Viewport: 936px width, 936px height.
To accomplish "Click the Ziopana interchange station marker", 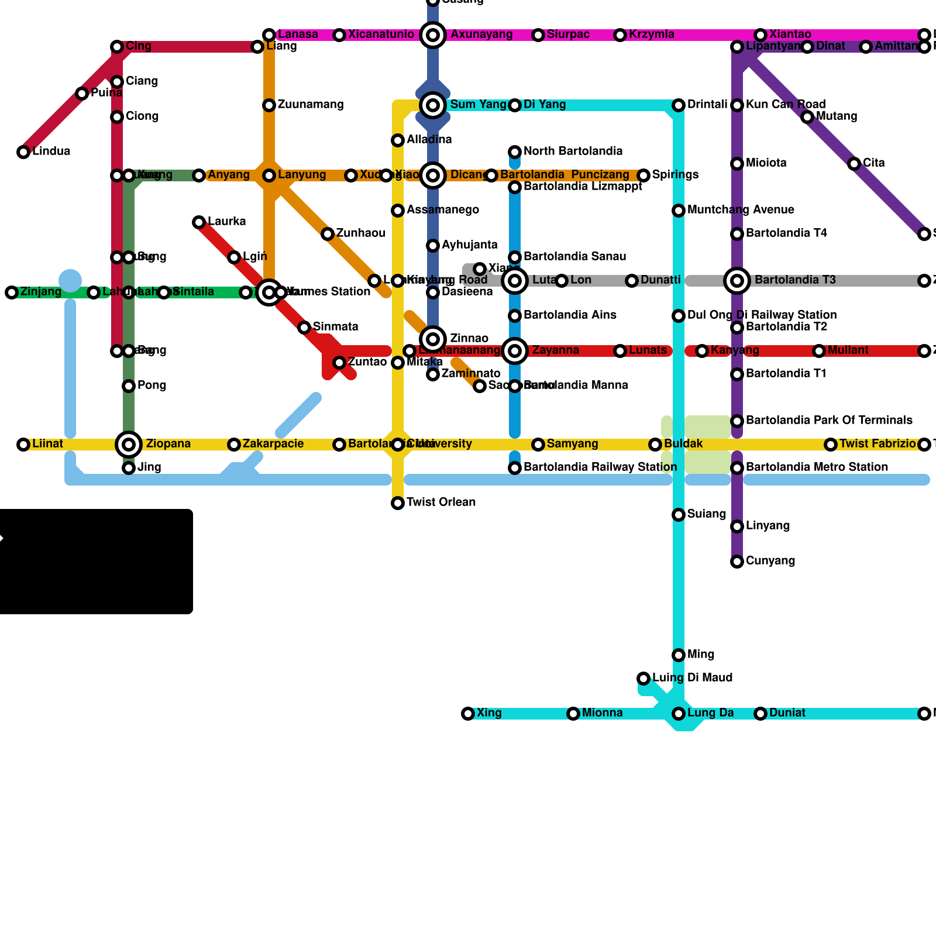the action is (x=129, y=445).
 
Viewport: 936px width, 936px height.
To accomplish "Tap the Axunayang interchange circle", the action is (x=433, y=35).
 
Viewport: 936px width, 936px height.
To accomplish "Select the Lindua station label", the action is (x=51, y=152).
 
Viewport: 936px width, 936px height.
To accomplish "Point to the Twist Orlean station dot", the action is (x=398, y=503).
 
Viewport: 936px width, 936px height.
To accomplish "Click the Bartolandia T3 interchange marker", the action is (x=737, y=281).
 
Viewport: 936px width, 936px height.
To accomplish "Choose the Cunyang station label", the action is (x=770, y=561).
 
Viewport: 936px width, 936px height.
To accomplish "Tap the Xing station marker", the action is (x=468, y=714).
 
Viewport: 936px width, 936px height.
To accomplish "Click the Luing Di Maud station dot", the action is (x=643, y=679).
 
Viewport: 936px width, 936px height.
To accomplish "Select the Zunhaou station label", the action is (x=361, y=233).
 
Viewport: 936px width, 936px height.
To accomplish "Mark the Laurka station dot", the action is (x=199, y=222).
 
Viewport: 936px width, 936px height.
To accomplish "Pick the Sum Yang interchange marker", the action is (x=433, y=105).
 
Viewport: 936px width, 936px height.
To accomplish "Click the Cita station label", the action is (x=874, y=163).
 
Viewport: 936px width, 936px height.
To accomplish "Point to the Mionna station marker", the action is (x=573, y=714).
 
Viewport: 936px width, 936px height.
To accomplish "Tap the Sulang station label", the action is (x=707, y=514).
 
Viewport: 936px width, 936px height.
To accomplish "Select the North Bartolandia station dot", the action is (x=515, y=152).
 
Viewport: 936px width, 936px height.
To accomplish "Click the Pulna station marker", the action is (x=82, y=94).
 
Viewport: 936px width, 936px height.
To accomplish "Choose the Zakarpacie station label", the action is (x=273, y=444).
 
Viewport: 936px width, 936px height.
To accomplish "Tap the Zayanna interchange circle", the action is (x=515, y=351).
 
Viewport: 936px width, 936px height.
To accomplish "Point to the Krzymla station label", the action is (x=652, y=35).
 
